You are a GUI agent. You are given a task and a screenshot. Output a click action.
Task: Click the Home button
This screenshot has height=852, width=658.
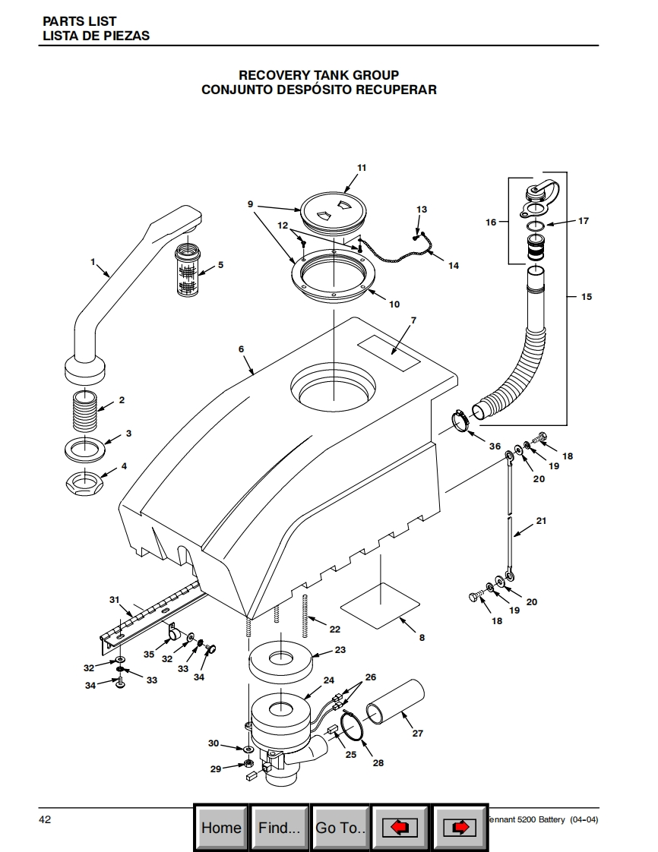(221, 828)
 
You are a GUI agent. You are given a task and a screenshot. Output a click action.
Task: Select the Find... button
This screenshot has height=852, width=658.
(279, 828)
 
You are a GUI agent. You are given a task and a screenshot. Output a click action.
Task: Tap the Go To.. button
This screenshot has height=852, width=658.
(340, 828)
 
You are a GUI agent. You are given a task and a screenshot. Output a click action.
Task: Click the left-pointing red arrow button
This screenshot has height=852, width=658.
(400, 828)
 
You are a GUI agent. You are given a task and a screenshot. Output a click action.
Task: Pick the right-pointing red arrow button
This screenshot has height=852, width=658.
(460, 828)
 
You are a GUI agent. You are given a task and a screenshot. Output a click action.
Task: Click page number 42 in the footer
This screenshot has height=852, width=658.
(45, 819)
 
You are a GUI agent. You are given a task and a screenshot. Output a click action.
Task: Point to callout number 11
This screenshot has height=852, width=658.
(362, 168)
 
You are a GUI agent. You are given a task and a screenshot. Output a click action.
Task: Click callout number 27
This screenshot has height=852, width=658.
(417, 733)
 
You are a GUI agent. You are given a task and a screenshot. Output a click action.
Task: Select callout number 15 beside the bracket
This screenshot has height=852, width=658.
(587, 297)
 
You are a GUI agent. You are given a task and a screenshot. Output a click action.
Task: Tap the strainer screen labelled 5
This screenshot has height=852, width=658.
(188, 270)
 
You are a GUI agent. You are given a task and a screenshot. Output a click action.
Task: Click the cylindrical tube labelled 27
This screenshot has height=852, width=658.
(395, 703)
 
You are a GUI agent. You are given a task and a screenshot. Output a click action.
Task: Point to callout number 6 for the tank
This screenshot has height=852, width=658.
(242, 349)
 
